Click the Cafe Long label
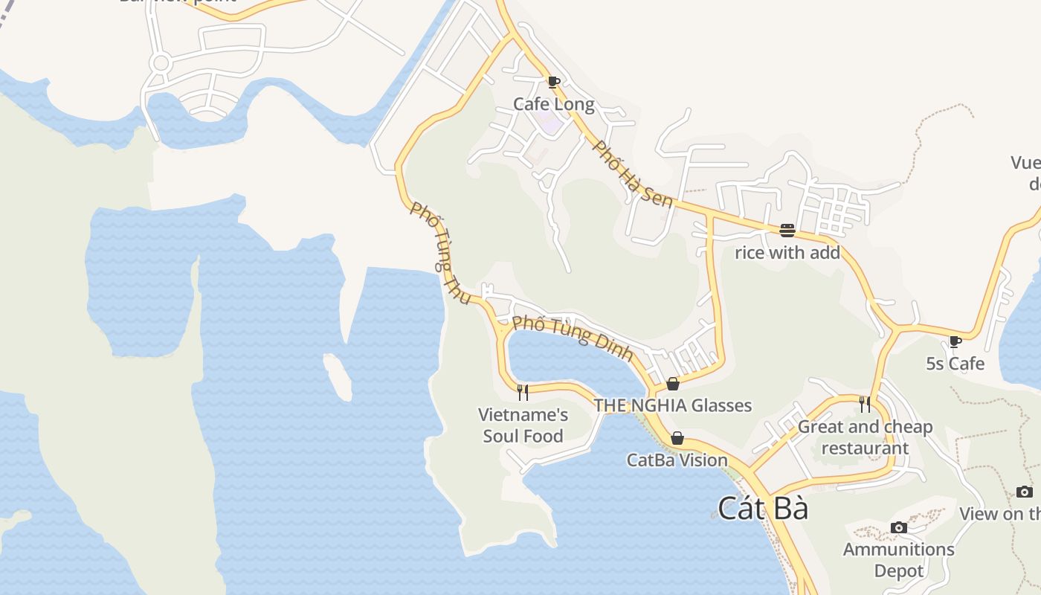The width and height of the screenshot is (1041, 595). click(554, 104)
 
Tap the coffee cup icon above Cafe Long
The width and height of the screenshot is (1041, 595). click(553, 82)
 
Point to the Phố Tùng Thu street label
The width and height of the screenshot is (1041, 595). click(440, 253)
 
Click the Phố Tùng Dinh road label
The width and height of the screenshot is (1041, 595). click(573, 337)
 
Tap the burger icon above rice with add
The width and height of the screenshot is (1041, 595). click(787, 231)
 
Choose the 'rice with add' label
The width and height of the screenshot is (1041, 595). click(787, 253)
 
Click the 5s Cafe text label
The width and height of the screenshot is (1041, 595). click(955, 364)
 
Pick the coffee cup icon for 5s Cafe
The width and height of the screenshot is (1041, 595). click(955, 341)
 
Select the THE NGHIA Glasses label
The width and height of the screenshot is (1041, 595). click(672, 405)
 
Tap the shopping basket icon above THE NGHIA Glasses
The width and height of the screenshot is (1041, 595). click(673, 384)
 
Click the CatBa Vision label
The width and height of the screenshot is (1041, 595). click(677, 460)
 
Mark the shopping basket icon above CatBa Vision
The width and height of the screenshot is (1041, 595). click(677, 438)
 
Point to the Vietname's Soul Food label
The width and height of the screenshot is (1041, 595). click(523, 425)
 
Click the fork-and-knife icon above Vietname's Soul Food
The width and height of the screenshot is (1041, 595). click(523, 392)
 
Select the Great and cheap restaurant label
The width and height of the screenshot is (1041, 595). click(865, 437)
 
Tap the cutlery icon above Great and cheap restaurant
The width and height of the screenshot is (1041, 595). click(865, 404)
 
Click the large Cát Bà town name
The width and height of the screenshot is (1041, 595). click(763, 509)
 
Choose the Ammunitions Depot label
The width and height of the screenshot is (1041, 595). click(898, 560)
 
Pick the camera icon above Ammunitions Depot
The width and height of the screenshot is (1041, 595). click(899, 527)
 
